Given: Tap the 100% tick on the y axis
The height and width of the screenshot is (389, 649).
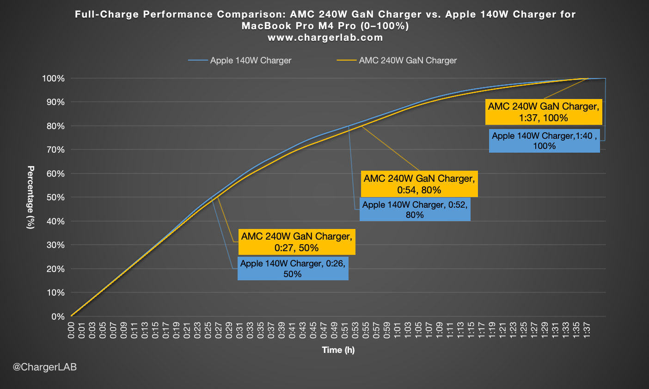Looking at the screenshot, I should (x=54, y=79).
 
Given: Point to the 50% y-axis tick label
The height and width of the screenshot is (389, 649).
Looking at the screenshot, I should (x=55, y=198).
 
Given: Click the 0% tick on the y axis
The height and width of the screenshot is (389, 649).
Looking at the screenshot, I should (x=58, y=317).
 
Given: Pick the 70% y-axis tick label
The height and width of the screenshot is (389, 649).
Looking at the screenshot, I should (x=55, y=150).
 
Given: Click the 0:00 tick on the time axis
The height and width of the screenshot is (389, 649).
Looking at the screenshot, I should (x=72, y=331).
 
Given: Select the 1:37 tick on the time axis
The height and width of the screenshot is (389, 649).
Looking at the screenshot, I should (x=587, y=331).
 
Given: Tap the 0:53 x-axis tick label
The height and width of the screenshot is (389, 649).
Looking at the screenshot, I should (x=355, y=331).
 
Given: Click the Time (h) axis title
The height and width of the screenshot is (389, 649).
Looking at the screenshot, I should (x=338, y=350).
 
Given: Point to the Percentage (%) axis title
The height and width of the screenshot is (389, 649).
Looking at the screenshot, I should (x=31, y=198).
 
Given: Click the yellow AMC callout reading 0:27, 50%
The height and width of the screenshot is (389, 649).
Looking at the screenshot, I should (x=297, y=242).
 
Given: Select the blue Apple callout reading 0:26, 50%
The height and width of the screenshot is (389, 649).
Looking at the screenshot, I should (x=293, y=269).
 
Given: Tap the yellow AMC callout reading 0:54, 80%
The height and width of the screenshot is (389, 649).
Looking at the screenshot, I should (x=419, y=184).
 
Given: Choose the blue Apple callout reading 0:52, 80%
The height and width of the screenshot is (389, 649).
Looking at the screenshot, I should (x=415, y=210).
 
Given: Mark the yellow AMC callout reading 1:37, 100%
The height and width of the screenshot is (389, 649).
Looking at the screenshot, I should (x=544, y=112).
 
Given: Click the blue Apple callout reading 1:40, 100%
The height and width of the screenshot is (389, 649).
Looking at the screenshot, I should (x=544, y=141).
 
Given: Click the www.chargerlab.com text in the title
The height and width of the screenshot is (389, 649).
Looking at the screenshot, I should (x=325, y=38).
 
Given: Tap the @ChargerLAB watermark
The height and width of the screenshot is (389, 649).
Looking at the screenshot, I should (x=45, y=367).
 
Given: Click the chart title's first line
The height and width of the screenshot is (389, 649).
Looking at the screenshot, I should (x=325, y=14).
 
